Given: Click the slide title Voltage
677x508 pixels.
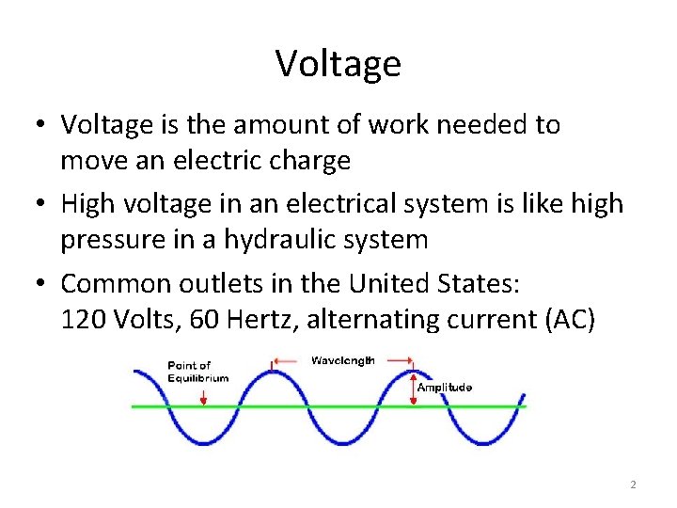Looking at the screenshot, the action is point(338,64).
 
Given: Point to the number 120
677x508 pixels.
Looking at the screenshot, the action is point(83,320).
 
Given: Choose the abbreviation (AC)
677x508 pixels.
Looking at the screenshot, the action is point(568,320).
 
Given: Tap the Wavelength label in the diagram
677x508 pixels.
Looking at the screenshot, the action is point(343,360).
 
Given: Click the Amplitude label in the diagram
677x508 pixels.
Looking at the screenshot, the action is point(444,388).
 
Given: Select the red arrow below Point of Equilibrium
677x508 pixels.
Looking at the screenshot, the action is point(203,395).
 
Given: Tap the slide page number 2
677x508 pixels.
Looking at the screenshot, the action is point(633,484).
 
